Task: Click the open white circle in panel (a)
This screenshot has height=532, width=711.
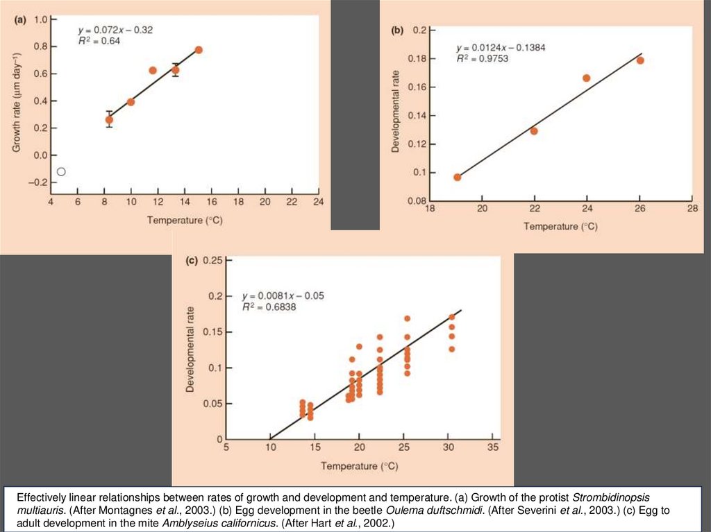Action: (61, 171)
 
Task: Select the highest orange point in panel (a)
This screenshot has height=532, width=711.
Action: (199, 50)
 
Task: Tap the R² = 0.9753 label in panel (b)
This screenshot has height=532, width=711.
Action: (483, 59)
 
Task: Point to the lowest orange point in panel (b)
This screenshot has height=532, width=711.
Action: (458, 177)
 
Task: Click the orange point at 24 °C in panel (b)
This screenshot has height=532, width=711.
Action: (586, 78)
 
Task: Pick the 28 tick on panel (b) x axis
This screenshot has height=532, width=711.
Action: (692, 209)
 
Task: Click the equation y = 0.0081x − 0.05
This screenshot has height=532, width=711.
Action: (283, 295)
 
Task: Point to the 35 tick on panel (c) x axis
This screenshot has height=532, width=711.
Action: (493, 447)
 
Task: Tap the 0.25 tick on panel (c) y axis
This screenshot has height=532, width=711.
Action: (213, 260)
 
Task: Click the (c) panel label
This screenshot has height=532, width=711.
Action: (192, 261)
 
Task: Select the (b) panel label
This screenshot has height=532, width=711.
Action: (397, 31)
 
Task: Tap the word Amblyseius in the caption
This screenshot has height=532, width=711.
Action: (188, 522)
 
